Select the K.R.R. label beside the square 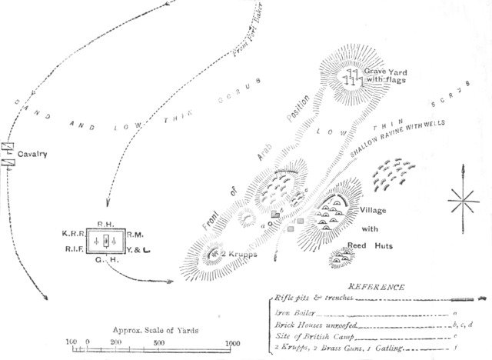pyautogui.click(x=75, y=232)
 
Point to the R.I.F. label pyautogui.click(x=74, y=248)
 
